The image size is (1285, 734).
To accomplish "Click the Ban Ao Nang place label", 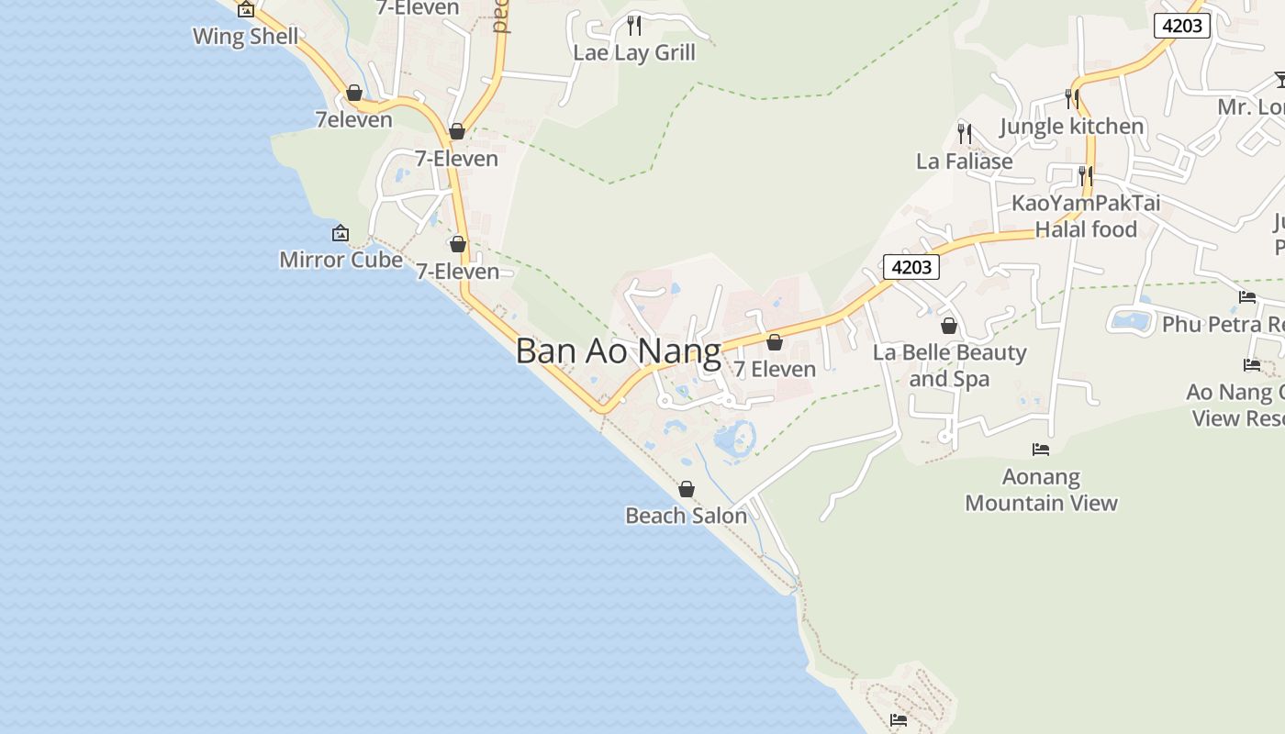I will pyautogui.click(x=618, y=351).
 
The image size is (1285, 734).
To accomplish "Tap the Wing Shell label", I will pyautogui.click(x=245, y=37).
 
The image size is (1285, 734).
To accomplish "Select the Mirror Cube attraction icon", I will pyautogui.click(x=341, y=234).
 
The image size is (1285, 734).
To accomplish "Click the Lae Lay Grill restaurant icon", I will pyautogui.click(x=634, y=25).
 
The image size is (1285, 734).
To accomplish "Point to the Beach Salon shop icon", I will pyautogui.click(x=686, y=489).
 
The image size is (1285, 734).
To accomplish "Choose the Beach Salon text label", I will pyautogui.click(x=686, y=516).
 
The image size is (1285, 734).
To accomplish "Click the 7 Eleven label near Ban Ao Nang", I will pyautogui.click(x=775, y=369).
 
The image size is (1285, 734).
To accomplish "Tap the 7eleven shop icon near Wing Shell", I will pyautogui.click(x=354, y=93).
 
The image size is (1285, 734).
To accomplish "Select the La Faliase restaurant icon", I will pyautogui.click(x=965, y=134).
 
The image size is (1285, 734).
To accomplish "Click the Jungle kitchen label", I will pyautogui.click(x=1072, y=126).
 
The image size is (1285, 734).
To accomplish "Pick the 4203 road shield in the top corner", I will pyautogui.click(x=1181, y=26).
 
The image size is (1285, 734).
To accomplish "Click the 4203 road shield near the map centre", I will pyautogui.click(x=911, y=267).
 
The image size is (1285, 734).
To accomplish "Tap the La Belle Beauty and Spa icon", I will pyautogui.click(x=949, y=326).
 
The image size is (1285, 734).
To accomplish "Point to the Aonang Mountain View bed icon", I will pyautogui.click(x=1041, y=450).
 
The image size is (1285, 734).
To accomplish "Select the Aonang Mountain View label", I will pyautogui.click(x=1041, y=490).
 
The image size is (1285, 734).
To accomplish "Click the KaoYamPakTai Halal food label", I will pyautogui.click(x=1086, y=216).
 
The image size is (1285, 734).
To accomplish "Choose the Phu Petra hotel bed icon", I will pyautogui.click(x=1247, y=297).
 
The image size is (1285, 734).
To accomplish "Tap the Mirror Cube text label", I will pyautogui.click(x=341, y=260).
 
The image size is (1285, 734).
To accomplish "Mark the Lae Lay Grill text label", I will pyautogui.click(x=634, y=52).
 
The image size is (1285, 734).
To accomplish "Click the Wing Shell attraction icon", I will pyautogui.click(x=246, y=10).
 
